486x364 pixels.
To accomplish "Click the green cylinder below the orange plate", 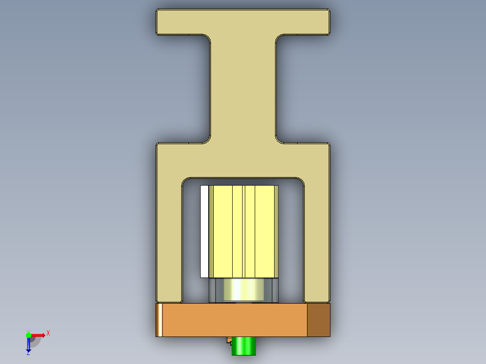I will [x=244, y=346].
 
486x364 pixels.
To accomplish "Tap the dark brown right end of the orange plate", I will [x=318, y=320].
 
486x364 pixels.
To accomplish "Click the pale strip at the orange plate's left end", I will [x=159, y=320].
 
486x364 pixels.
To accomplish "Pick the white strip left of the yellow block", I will [x=204, y=231].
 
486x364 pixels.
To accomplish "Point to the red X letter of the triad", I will [x=48, y=333].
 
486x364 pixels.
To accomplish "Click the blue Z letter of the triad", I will [x=28, y=353].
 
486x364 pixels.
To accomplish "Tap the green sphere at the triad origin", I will [x=28, y=335].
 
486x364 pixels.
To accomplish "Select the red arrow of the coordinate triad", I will [x=39, y=335].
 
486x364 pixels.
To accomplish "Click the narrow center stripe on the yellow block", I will [x=243, y=231].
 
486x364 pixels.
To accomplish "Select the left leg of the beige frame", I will [x=169, y=239].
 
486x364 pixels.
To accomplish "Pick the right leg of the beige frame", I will [x=317, y=239].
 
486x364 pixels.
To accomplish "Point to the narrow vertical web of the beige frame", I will [x=243, y=90].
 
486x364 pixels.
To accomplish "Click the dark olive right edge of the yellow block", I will [x=277, y=231].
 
